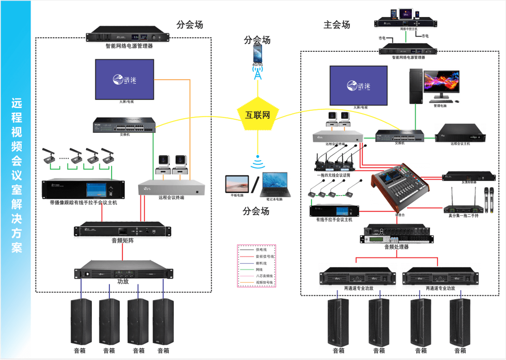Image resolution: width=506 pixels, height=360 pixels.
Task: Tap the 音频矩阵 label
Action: click(122, 241)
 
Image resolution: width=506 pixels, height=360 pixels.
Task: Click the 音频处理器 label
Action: click(396, 247)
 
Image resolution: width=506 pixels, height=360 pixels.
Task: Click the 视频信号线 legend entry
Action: click(264, 282)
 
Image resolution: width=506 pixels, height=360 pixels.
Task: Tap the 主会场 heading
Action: click(336, 25)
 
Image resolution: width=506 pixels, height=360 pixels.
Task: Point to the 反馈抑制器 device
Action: click(468, 177)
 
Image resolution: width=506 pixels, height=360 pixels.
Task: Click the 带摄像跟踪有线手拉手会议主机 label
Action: click(83, 203)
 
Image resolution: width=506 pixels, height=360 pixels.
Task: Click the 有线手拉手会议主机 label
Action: click(334, 220)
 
